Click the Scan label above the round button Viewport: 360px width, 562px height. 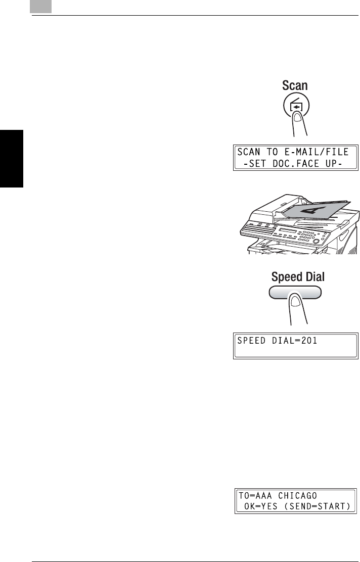pos(295,85)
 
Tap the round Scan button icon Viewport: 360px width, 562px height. pos(295,108)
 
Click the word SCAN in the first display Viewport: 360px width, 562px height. pos(249,152)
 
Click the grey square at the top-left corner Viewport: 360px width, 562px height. pos(41,7)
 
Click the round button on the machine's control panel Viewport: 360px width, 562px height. pos(317,242)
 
